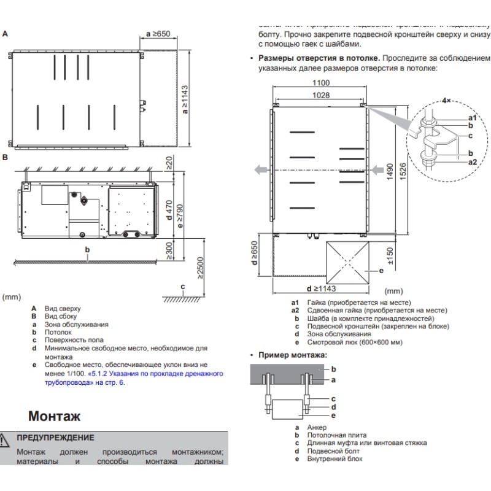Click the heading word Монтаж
54,416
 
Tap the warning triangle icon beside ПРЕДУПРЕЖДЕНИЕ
5,438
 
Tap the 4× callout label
447,100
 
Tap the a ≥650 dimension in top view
158,34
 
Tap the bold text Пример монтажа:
292,355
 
